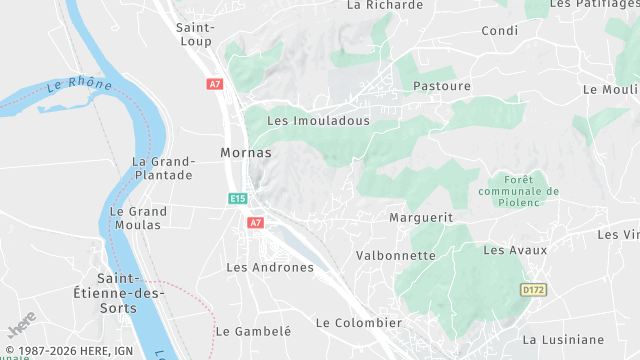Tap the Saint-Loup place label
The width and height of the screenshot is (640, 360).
coord(196,37)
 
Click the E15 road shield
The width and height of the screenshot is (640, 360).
coord(237,199)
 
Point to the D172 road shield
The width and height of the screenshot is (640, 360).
coord(534,290)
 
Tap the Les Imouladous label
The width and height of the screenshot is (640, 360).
coord(318,121)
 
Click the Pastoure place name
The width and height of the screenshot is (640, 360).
coord(441,87)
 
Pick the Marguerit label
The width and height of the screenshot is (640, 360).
coord(420,217)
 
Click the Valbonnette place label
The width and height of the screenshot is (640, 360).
coord(396,256)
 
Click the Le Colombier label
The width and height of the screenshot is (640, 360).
coord(358,323)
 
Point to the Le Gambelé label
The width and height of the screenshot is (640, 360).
coord(253,331)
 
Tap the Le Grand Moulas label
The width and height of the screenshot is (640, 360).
coord(138,218)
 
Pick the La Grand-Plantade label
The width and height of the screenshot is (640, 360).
coord(162,168)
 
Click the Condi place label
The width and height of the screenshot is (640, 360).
coord(499,31)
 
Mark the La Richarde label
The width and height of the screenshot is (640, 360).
coord(384,5)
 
